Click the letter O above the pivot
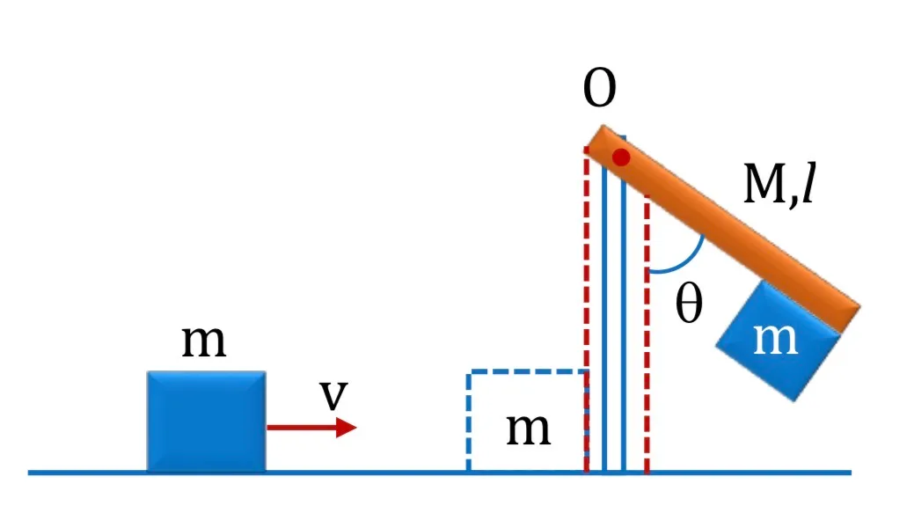point(599,87)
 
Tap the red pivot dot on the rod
point(621,157)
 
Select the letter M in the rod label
point(764,184)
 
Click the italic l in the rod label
point(808,183)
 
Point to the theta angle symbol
point(689,304)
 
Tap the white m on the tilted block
point(775,339)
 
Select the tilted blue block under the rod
point(779,341)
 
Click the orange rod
point(723,228)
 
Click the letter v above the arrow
point(334,395)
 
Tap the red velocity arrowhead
point(347,428)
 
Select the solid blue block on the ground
point(207,421)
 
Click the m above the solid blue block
point(203,341)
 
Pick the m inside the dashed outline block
point(528,430)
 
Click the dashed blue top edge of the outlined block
point(526,371)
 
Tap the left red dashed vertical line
point(587,309)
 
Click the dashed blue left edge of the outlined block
point(469,421)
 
